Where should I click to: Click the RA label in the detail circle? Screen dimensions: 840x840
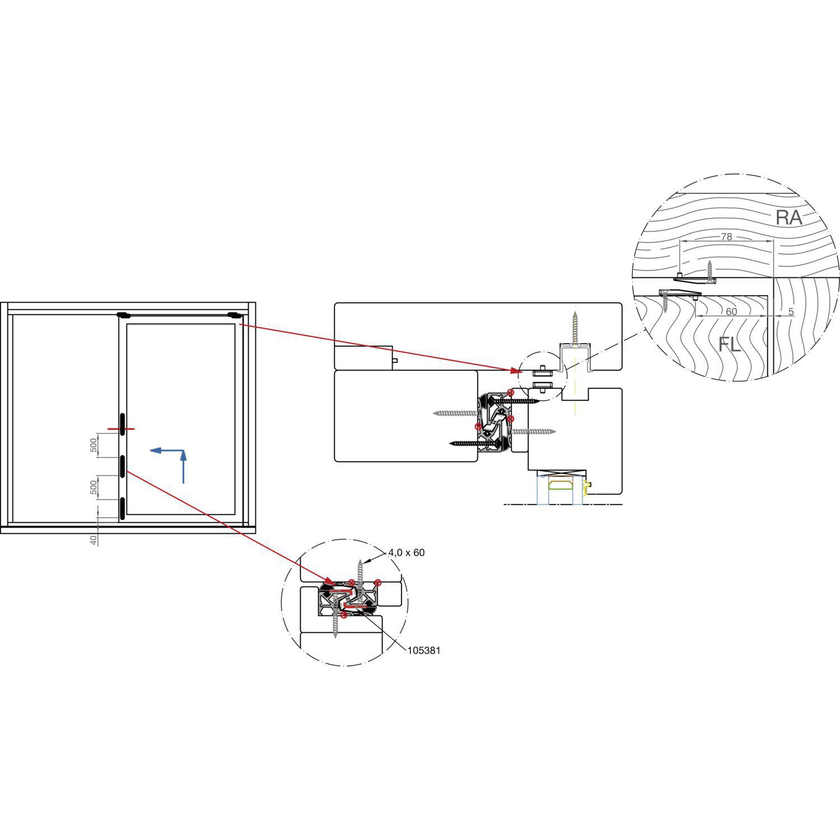[x=788, y=217]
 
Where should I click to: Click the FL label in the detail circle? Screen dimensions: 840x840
[x=730, y=344]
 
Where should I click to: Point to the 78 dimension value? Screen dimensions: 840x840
[x=726, y=237]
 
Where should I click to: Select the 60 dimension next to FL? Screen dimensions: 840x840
[x=731, y=311]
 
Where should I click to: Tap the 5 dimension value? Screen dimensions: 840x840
[x=791, y=311]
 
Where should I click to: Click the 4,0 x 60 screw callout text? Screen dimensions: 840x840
[x=406, y=553]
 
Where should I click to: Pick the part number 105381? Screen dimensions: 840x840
[x=423, y=651]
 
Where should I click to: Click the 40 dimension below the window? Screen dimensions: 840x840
[x=94, y=539]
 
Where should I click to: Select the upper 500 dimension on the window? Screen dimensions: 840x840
[x=94, y=445]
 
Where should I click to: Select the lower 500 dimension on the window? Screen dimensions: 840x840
[x=94, y=488]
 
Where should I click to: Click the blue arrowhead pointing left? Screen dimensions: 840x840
[x=156, y=450]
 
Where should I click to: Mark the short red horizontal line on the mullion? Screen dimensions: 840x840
[x=122, y=430]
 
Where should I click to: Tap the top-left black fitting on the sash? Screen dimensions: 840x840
[x=124, y=315]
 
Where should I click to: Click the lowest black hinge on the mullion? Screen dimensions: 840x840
[x=122, y=508]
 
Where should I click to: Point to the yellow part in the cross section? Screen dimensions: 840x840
[x=587, y=488]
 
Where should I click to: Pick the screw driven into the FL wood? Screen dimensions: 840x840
[x=665, y=301]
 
